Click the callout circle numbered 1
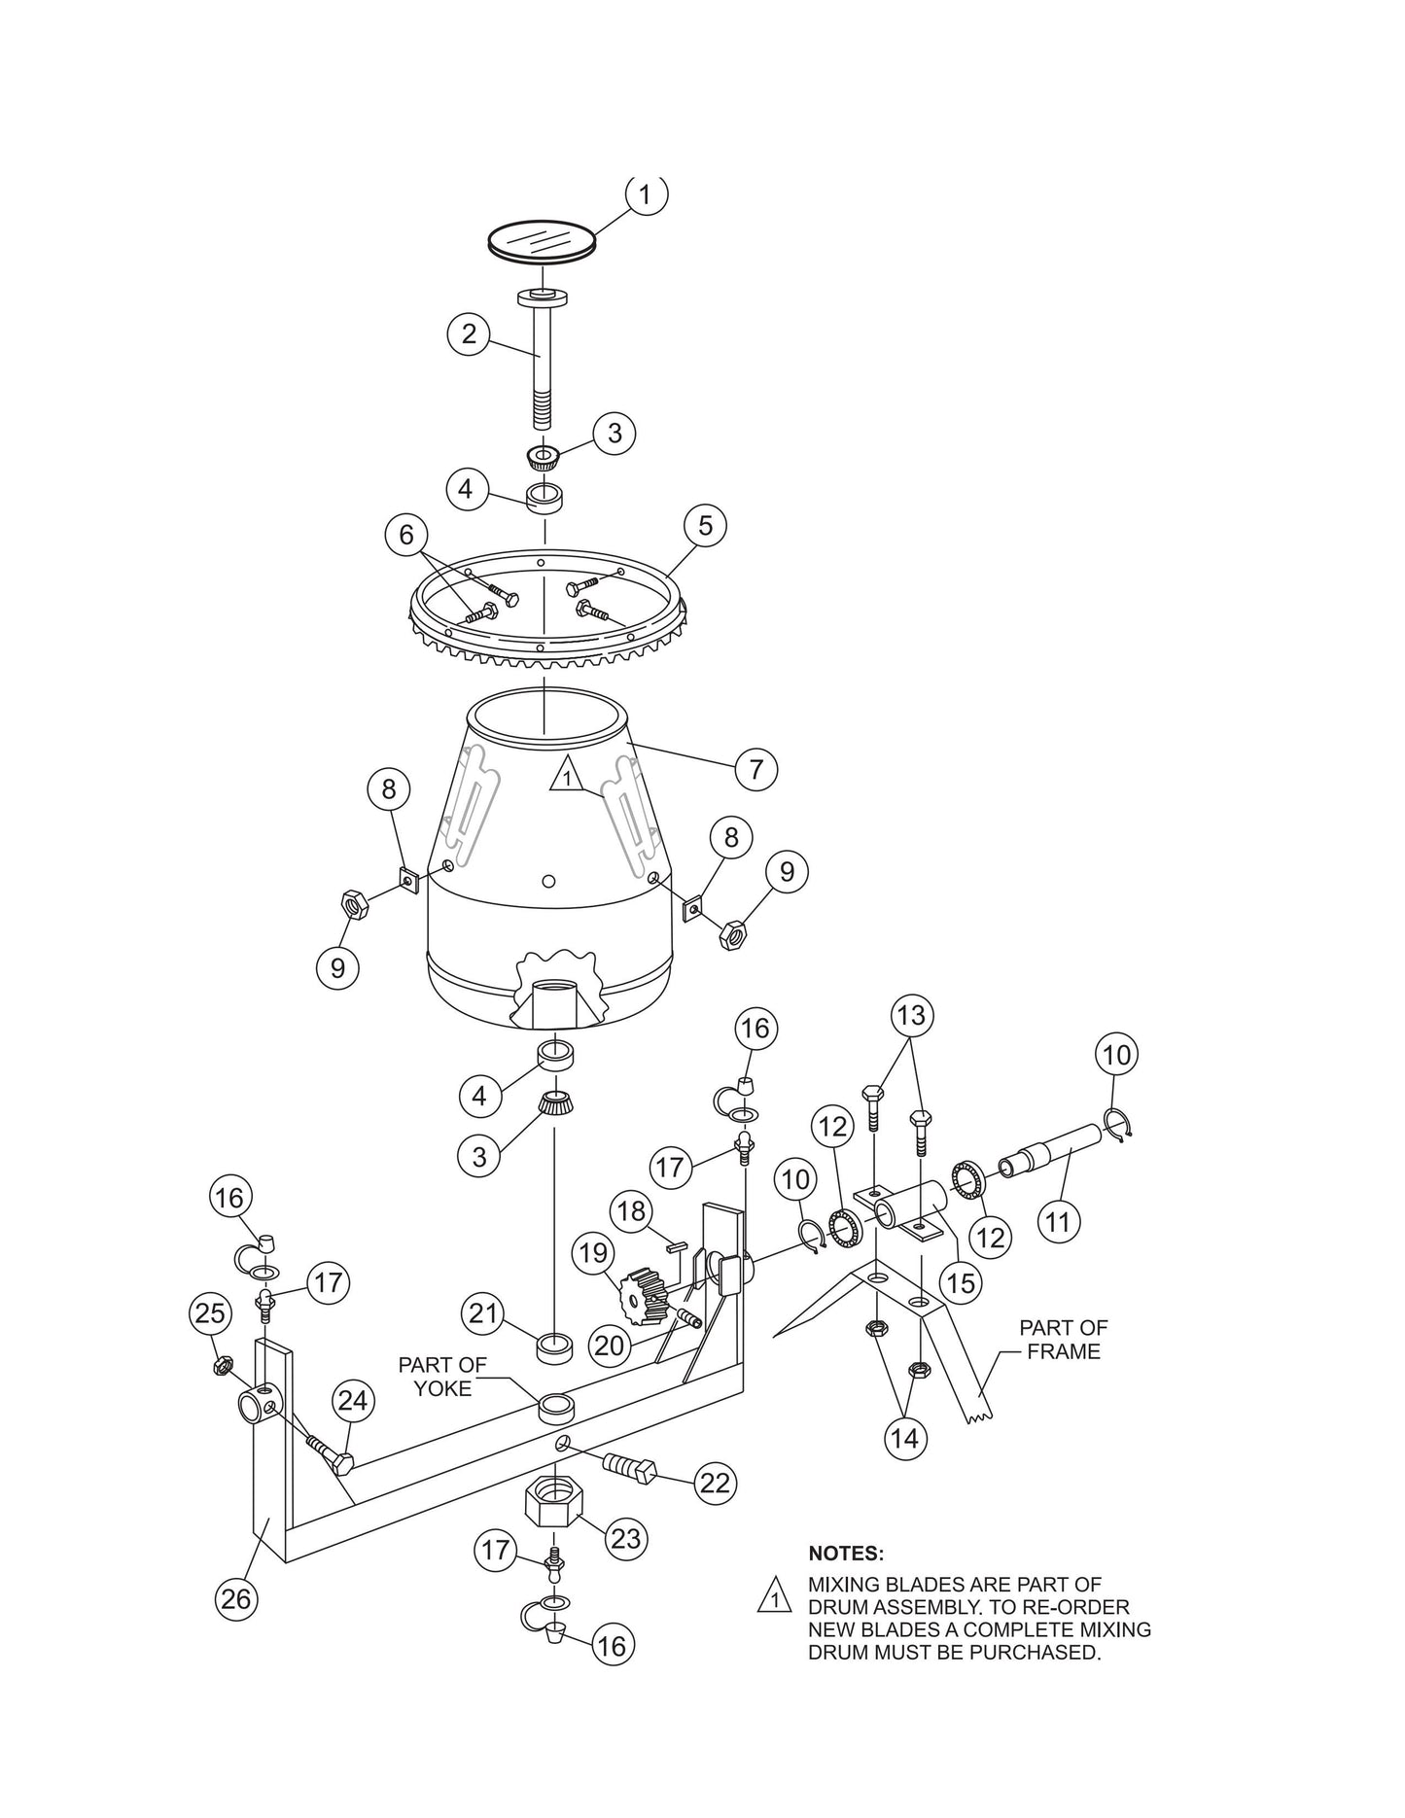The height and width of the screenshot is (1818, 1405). tap(646, 194)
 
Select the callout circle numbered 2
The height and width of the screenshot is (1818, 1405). tap(470, 335)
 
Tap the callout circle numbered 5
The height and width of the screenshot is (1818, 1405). tap(705, 526)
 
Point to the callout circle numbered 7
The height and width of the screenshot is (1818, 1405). tap(755, 770)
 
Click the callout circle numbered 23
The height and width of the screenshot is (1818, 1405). tap(627, 1539)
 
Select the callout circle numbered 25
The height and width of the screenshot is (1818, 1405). tap(209, 1313)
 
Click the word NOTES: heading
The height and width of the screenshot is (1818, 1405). tap(846, 1554)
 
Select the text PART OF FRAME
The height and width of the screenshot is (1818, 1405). tap(1063, 1339)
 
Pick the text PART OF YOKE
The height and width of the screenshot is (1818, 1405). tap(442, 1377)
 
